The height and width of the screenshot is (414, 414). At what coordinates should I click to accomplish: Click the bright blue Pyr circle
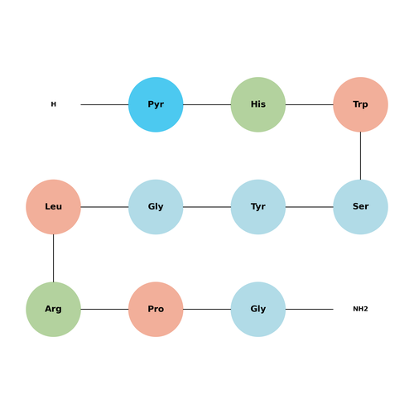click(x=156, y=104)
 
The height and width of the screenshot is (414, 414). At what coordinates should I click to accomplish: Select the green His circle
click(x=258, y=104)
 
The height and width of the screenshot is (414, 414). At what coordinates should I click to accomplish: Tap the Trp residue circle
click(x=360, y=104)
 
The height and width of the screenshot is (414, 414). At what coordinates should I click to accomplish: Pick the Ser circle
click(x=360, y=207)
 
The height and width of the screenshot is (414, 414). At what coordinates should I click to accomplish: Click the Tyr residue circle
click(x=258, y=207)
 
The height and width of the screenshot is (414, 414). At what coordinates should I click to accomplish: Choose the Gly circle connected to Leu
click(x=156, y=207)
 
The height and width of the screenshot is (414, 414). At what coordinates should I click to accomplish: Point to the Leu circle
click(x=53, y=207)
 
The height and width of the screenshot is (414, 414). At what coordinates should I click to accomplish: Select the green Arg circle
click(x=53, y=310)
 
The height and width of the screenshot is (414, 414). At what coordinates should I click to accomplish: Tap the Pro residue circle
click(x=156, y=310)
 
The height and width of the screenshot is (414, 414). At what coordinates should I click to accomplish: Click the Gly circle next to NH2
click(x=258, y=310)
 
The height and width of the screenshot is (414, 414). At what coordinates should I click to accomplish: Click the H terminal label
click(x=54, y=104)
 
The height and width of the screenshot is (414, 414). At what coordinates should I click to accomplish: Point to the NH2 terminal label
click(x=360, y=309)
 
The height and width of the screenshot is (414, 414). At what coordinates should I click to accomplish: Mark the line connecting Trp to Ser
click(x=360, y=156)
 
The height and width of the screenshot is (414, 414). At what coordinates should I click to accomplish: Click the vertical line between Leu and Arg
click(x=53, y=258)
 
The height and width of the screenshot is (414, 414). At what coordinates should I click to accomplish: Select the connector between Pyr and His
click(x=207, y=104)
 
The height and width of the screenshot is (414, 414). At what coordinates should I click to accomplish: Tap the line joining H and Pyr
click(x=104, y=104)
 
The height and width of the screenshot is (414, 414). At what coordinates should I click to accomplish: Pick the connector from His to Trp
click(x=310, y=104)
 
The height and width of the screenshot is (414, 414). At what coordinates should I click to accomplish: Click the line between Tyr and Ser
click(x=310, y=207)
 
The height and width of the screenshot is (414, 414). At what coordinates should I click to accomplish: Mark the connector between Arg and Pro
click(x=104, y=310)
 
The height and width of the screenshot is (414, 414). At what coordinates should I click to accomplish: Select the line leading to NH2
click(x=310, y=310)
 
